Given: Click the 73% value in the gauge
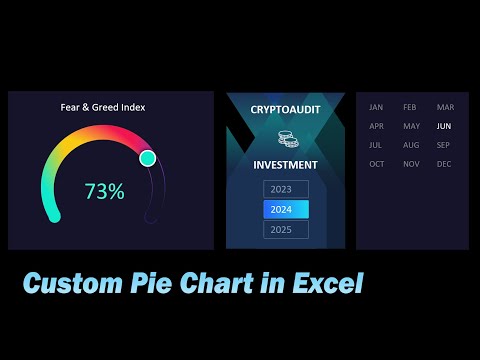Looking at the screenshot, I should tap(104, 192).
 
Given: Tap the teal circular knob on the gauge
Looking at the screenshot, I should tap(148, 158).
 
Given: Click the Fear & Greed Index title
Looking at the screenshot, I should tap(103, 107).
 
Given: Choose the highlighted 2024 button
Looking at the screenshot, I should tap(286, 209).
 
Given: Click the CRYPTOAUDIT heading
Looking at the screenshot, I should tap(285, 108).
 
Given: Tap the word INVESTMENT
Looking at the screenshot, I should tap(285, 165).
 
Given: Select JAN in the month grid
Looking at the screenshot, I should tap(376, 107).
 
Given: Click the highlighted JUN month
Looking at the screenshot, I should tap(444, 127).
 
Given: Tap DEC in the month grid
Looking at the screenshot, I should tap(444, 164).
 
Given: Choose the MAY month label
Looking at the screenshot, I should tap(410, 127).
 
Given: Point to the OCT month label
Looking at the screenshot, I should tap(376, 164).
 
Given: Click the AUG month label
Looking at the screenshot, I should tap(410, 145).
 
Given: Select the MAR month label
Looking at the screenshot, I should tap(445, 107).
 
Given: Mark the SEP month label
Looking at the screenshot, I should tap(444, 145).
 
